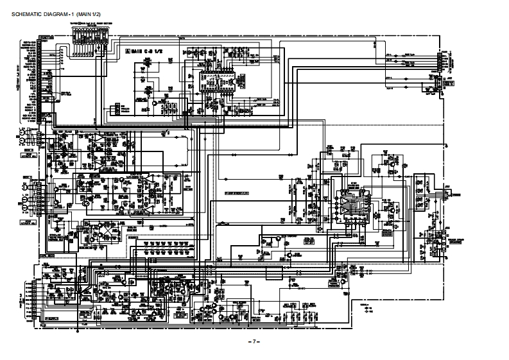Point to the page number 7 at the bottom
tap(255, 341)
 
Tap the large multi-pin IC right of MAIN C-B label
tap(214, 83)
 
